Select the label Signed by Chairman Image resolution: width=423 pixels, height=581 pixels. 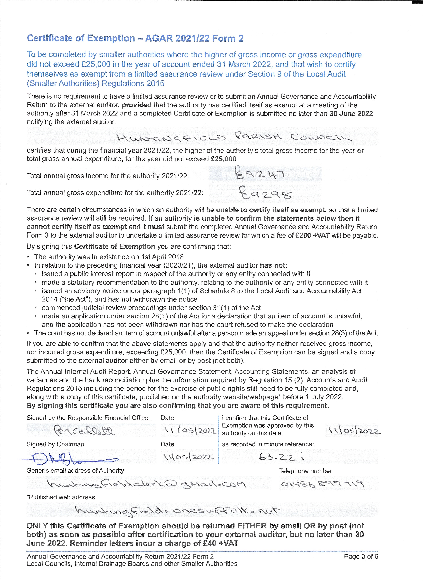(x=55, y=444)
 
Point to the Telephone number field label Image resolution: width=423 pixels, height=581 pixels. (x=305, y=471)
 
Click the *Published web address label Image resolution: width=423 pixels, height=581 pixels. (x=61, y=497)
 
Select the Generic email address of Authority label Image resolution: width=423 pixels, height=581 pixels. (x=75, y=470)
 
